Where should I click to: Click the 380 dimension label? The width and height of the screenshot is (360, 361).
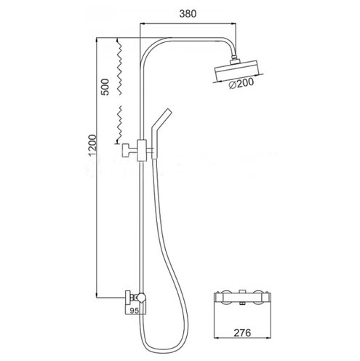click(188, 14)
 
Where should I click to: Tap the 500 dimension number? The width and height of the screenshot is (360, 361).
click(105, 87)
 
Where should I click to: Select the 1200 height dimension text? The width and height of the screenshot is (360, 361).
click(93, 146)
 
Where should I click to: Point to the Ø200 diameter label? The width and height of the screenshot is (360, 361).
click(241, 83)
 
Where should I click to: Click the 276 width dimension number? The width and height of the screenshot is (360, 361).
click(242, 333)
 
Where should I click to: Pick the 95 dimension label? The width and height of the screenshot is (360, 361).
click(134, 311)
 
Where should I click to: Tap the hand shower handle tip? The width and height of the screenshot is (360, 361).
click(167, 111)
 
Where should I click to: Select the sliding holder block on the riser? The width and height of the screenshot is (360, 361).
click(142, 151)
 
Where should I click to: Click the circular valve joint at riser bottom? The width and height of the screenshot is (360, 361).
click(141, 297)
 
